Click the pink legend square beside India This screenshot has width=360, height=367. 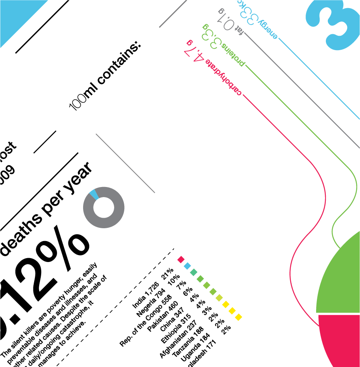pos(181,259)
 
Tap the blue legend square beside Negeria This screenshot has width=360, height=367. pos(187,266)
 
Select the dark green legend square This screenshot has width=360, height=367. pos(194,272)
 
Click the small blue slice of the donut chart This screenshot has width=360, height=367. pos(93,194)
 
